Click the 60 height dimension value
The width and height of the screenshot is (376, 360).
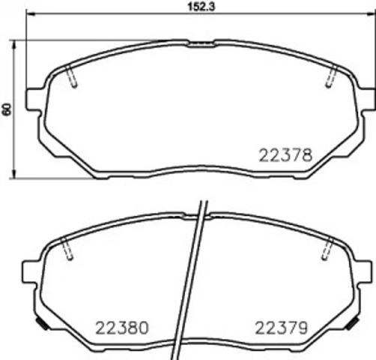(x=7, y=109)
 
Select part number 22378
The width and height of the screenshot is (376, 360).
(x=284, y=155)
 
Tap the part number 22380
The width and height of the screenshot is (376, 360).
(x=121, y=327)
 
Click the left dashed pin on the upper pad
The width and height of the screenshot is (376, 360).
(x=72, y=77)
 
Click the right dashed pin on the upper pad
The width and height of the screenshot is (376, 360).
(x=330, y=77)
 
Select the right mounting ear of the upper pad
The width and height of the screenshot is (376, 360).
(x=366, y=99)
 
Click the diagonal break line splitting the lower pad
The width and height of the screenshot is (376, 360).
(x=190, y=277)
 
